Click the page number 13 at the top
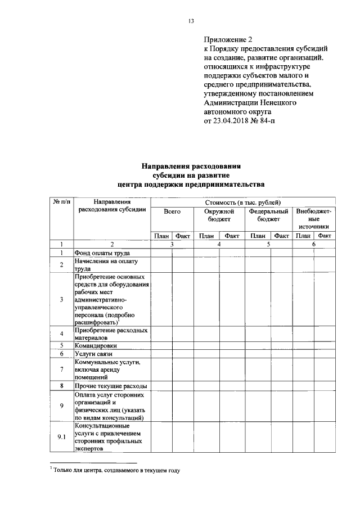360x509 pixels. pyautogui.click(x=191, y=21)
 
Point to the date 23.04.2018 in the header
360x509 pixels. pyautogui.click(x=233, y=120)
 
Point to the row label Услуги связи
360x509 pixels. pyautogui.click(x=94, y=354)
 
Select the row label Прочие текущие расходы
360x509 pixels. pyautogui.click(x=111, y=386)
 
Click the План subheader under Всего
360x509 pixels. pyautogui.click(x=161, y=236)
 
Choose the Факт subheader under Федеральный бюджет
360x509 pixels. pyautogui.click(x=281, y=236)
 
